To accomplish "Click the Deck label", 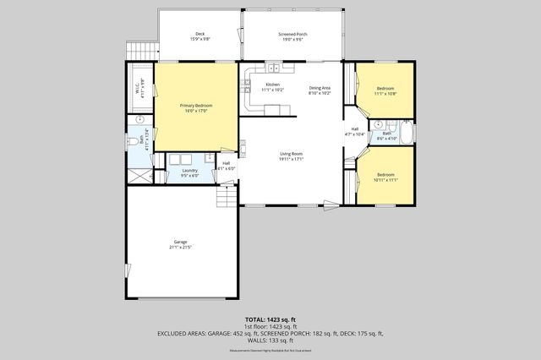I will point(199,35).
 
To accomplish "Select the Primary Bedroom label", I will point(196,106).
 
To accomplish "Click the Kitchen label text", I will point(272,85).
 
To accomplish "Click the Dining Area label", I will point(320,87).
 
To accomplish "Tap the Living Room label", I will point(292,155).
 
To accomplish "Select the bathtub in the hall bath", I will point(407,134).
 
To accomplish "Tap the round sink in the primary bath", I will point(139,122).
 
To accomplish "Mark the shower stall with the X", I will point(139,176).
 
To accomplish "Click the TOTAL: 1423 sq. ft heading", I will point(270,319).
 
